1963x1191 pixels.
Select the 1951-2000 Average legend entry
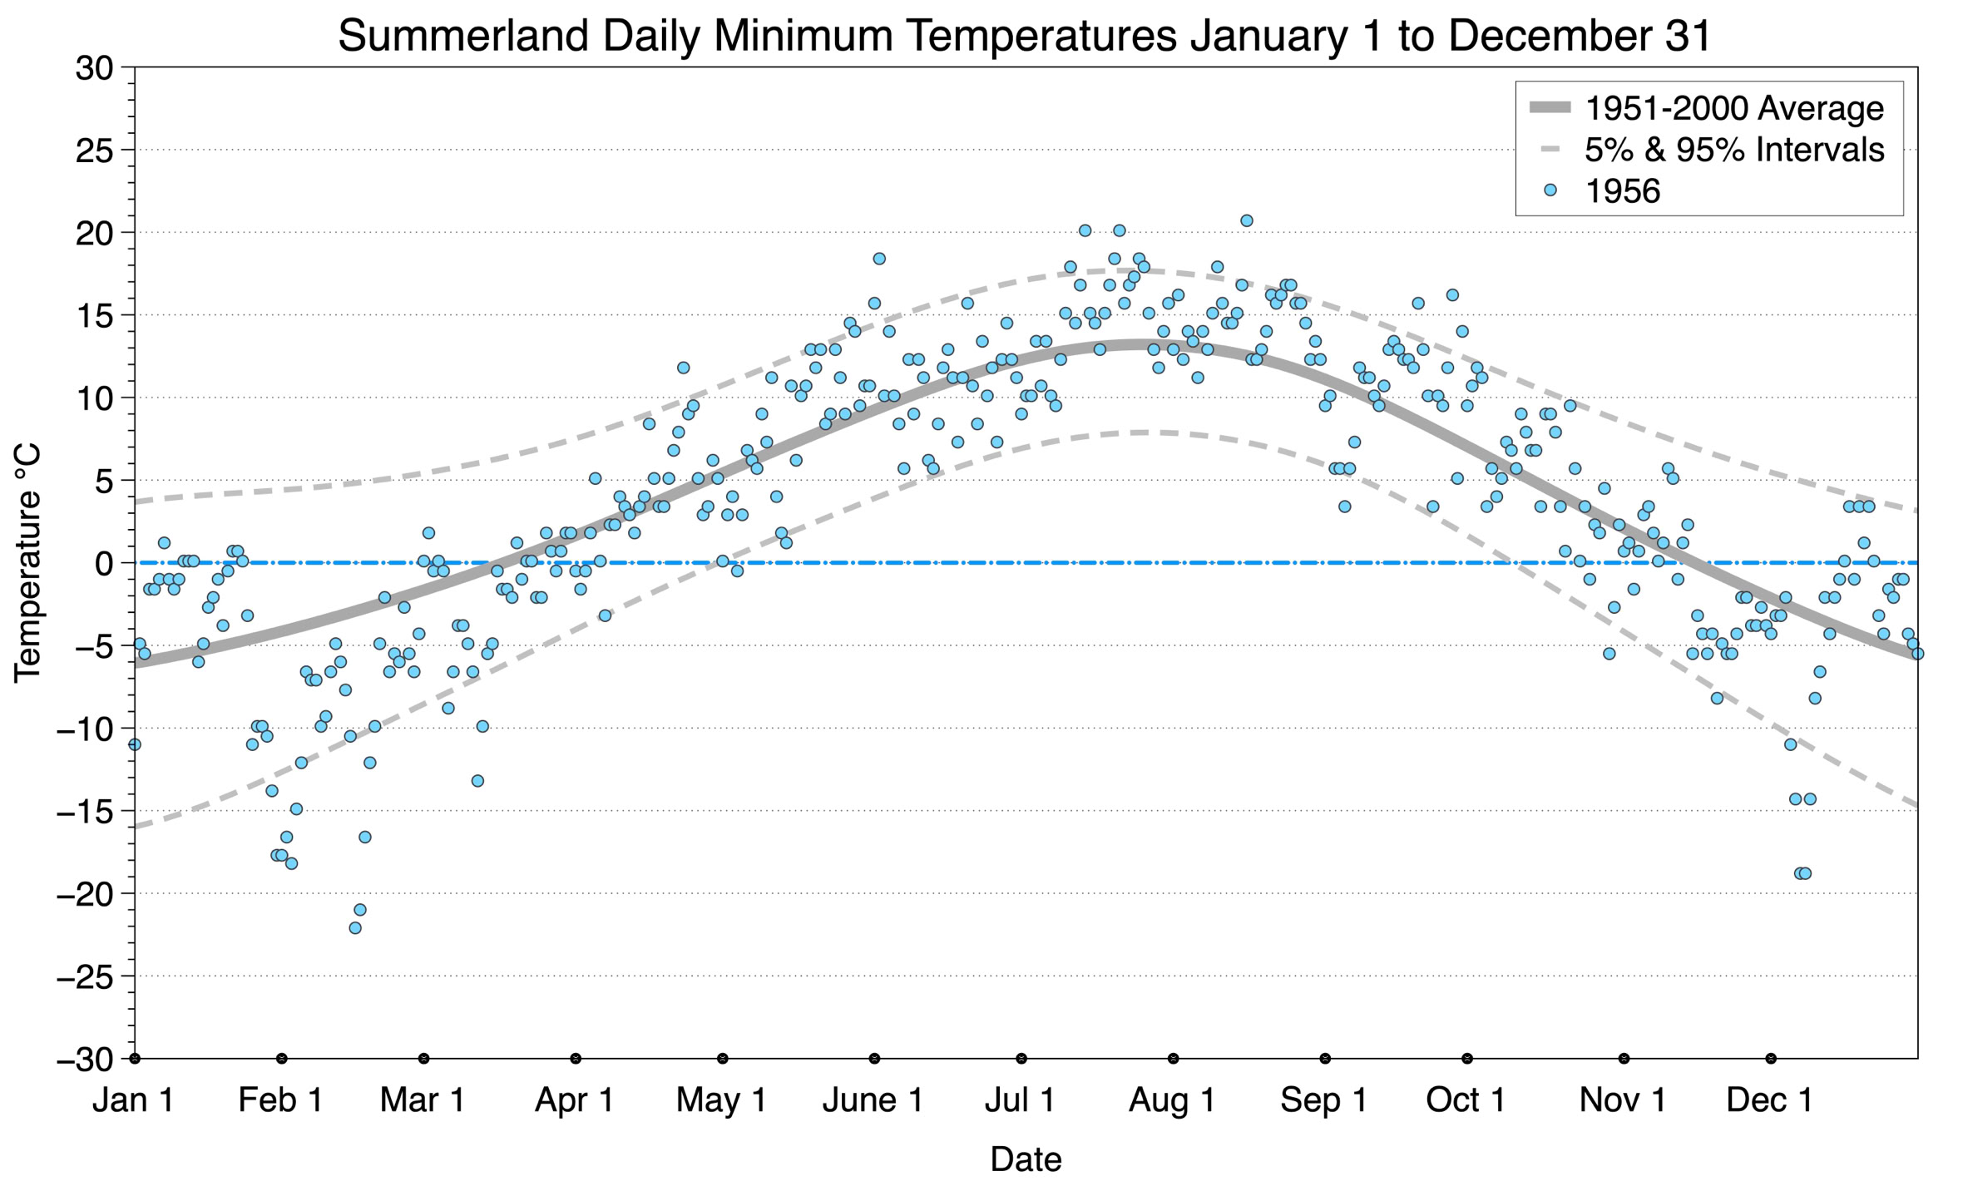tap(1733, 108)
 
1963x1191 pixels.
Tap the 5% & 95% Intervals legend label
tap(1733, 150)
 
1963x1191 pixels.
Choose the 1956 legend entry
tap(1621, 191)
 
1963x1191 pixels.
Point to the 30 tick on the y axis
tap(94, 68)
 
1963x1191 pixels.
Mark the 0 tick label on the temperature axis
tap(104, 564)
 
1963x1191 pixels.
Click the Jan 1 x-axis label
tap(134, 1100)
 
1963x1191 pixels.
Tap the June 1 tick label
tap(873, 1100)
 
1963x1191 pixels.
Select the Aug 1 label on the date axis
tap(1172, 1100)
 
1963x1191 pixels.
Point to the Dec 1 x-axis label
tap(1769, 1100)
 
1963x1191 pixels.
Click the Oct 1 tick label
tap(1466, 1100)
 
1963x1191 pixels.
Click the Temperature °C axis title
tap(28, 563)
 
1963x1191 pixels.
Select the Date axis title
tap(1025, 1159)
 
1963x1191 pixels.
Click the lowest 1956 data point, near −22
tap(355, 928)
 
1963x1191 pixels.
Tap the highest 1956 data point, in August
tap(1246, 220)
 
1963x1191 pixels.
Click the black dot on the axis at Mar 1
tap(424, 1059)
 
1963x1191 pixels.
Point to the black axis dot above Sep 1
tap(1325, 1059)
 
